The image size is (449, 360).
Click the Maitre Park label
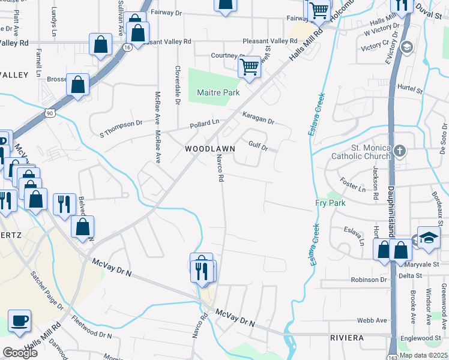tap(218, 92)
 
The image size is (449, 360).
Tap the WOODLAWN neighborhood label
tap(209, 148)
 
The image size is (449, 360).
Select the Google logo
tap(20, 352)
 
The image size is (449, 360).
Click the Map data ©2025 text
tap(424, 355)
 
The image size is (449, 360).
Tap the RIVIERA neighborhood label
tap(347, 338)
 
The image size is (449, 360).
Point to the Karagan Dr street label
tap(258, 118)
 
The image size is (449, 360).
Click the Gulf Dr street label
tap(256, 146)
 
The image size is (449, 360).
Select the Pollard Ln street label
tap(204, 124)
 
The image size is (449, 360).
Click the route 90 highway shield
tap(49, 112)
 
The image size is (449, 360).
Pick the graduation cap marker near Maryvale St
tap(429, 238)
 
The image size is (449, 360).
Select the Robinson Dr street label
tap(369, 280)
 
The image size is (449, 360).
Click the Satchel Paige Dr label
tap(47, 291)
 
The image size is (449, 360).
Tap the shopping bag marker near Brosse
tap(78, 85)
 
